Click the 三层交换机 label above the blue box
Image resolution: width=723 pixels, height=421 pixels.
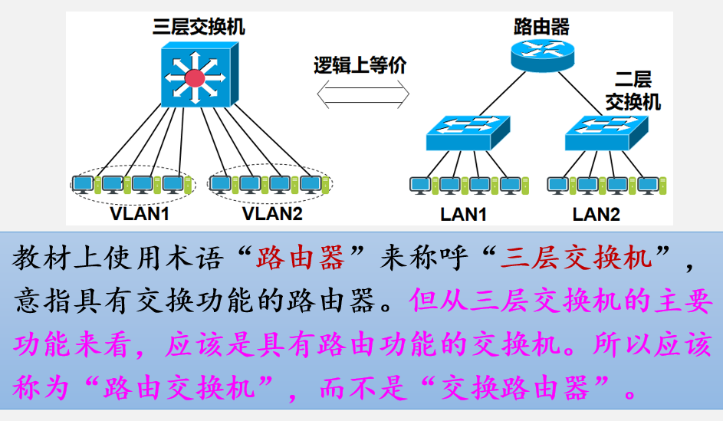(x=199, y=28)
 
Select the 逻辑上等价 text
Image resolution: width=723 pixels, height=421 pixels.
(x=360, y=65)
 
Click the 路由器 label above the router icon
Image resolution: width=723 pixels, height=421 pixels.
(x=541, y=28)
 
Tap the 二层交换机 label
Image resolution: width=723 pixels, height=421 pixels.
(x=633, y=90)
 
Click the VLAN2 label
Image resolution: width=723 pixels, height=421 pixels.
(x=272, y=213)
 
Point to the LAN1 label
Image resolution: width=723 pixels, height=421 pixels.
(x=463, y=214)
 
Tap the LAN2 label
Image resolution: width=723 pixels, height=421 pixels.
(x=596, y=214)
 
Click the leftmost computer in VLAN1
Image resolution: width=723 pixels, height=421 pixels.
(x=83, y=184)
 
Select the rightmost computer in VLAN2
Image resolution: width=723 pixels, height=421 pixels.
(x=311, y=184)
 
